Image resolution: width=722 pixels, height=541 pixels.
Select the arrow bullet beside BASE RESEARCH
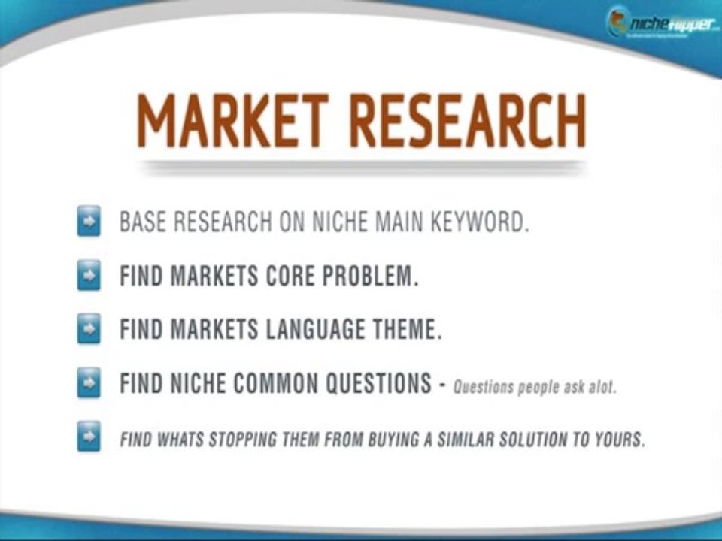(x=89, y=224)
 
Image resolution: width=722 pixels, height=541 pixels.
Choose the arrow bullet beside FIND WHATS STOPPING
(x=89, y=439)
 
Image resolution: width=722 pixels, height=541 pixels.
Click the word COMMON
(x=277, y=385)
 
